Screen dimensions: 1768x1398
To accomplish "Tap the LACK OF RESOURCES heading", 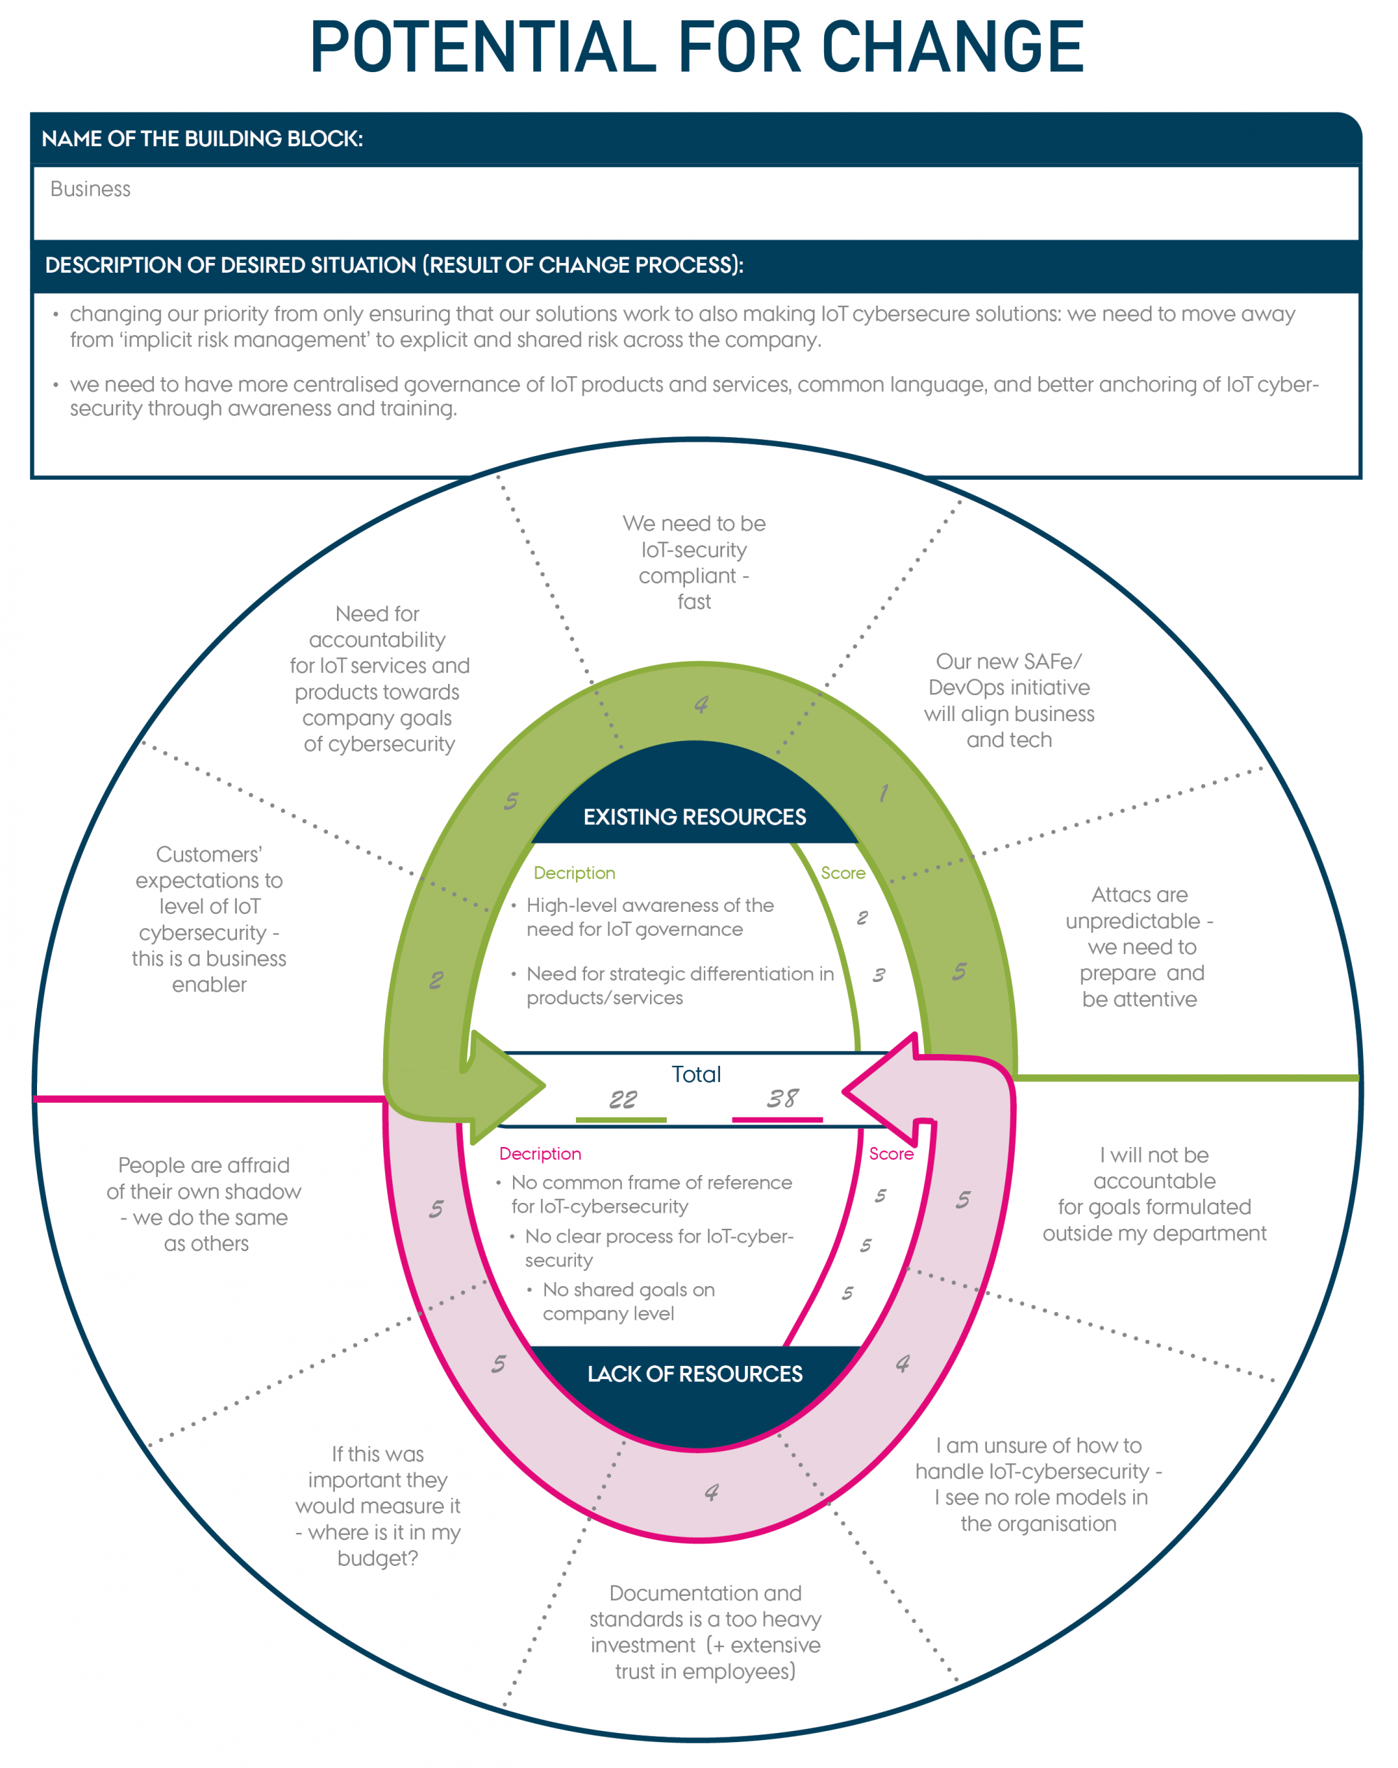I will pyautogui.click(x=694, y=1374).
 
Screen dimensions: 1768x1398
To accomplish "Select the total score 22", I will pyautogui.click(x=622, y=1099).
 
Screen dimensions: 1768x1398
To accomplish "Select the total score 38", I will pyautogui.click(x=781, y=1098).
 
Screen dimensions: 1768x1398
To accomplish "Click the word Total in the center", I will pyautogui.click(x=696, y=1074).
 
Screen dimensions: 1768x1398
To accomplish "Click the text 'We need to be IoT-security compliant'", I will pyautogui.click(x=694, y=562).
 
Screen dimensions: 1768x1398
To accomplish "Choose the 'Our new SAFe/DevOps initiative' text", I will pyautogui.click(x=1009, y=700).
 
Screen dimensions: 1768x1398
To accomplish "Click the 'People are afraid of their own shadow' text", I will pyautogui.click(x=205, y=1204).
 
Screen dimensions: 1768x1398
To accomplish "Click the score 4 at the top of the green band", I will pyautogui.click(x=700, y=704).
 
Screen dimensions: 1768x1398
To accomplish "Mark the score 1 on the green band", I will pyautogui.click(x=883, y=792).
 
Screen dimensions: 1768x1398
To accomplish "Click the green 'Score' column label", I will pyautogui.click(x=842, y=873).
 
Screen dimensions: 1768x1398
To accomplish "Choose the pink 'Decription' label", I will pyautogui.click(x=540, y=1153).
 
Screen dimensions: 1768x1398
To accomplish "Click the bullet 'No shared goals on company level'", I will pyautogui.click(x=628, y=1302).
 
